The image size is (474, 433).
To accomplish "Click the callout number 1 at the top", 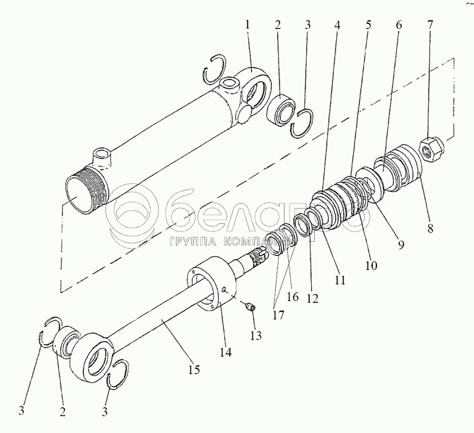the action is pyautogui.click(x=247, y=25).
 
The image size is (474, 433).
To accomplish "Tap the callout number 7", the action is pyautogui.click(x=430, y=25).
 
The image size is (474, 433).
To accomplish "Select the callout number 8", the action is pyautogui.click(x=430, y=228).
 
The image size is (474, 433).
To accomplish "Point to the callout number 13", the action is pyautogui.click(x=256, y=336).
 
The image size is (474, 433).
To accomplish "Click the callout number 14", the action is pyautogui.click(x=225, y=352).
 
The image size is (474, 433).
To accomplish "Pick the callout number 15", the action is pyautogui.click(x=194, y=369).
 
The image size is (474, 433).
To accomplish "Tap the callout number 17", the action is pyautogui.click(x=278, y=315).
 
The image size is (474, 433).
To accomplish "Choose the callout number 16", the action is pyautogui.click(x=293, y=297).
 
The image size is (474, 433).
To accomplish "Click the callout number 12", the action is pyautogui.click(x=312, y=299).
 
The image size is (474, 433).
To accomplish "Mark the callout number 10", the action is pyautogui.click(x=371, y=266).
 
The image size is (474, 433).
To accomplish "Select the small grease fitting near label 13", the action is pyautogui.click(x=251, y=307).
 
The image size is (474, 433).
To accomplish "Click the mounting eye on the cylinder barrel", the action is pyautogui.click(x=254, y=88).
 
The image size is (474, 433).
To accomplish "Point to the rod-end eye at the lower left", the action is pyautogui.click(x=91, y=357).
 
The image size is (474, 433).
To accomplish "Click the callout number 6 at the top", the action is pyautogui.click(x=399, y=25).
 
